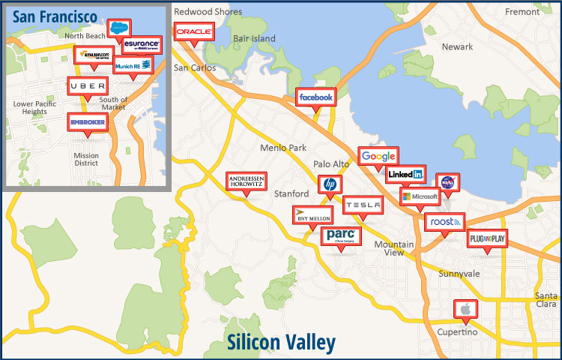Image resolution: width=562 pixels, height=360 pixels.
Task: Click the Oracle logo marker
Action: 194,31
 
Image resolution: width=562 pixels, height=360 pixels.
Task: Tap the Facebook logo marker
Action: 315,97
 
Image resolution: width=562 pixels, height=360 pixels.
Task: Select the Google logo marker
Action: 378,156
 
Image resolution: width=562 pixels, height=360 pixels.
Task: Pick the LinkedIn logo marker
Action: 405,175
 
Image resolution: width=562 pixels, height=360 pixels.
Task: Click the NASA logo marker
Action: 447,182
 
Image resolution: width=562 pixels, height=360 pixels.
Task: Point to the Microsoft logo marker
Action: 420,196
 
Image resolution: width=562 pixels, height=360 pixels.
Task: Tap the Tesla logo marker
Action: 363,205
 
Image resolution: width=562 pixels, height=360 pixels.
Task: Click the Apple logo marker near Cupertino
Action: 465,308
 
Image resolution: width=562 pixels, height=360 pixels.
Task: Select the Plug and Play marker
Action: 487,238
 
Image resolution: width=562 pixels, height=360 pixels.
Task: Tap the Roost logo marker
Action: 444,222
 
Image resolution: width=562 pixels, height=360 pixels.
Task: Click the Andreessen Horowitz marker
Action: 246,181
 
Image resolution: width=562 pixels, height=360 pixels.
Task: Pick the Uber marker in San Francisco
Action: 87,86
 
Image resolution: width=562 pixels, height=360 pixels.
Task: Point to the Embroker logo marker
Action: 87,121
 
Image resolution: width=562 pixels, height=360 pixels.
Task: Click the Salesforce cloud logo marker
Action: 118,28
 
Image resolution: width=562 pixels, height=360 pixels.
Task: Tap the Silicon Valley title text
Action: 280,343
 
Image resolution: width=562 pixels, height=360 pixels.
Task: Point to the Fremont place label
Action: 522,12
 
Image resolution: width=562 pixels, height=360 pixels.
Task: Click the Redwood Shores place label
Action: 208,12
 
